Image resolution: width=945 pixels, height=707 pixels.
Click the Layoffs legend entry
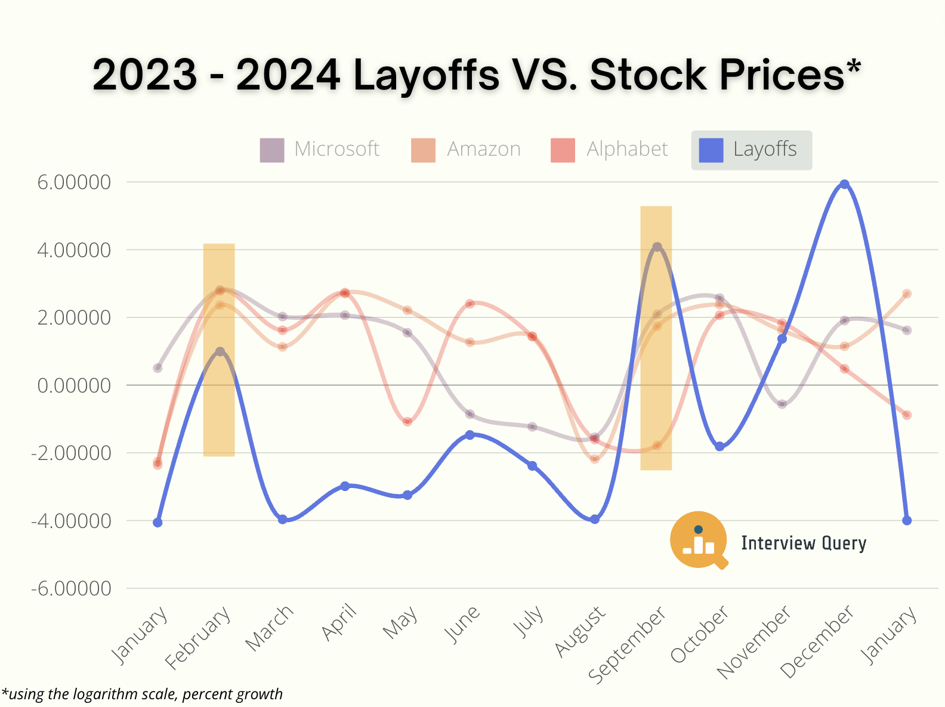tap(751, 150)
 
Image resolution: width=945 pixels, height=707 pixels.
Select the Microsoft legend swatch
tap(272, 150)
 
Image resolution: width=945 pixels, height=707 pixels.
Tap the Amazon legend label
tap(484, 149)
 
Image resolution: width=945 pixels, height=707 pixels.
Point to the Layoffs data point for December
tap(844, 184)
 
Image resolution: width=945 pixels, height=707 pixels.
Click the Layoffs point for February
tap(220, 351)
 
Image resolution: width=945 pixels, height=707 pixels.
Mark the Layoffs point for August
tap(595, 519)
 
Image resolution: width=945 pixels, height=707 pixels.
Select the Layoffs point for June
tap(470, 435)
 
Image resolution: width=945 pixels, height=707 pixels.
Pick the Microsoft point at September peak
tap(657, 247)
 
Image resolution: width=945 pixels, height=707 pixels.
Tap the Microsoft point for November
tap(782, 404)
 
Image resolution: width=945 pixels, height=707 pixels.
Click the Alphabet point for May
tap(407, 421)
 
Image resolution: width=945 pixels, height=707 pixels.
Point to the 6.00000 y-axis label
tap(74, 183)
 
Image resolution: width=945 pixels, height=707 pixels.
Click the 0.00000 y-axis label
tap(74, 386)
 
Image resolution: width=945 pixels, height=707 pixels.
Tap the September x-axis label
tap(628, 644)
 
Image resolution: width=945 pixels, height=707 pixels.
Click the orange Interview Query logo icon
tap(699, 539)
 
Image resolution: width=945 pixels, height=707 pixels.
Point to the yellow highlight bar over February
tap(219, 418)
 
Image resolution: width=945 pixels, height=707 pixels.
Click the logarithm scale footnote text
tap(143, 694)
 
